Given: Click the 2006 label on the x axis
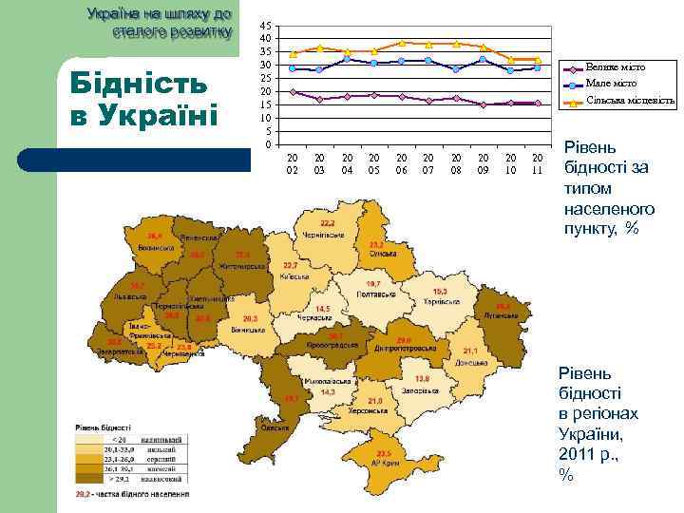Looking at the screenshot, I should (401, 162).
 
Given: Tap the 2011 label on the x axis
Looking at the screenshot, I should (538, 162).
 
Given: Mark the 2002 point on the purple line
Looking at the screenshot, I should (293, 92).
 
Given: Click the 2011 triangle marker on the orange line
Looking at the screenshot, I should (538, 60).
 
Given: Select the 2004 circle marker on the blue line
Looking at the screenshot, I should (348, 59).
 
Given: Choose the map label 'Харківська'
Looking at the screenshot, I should (441, 300).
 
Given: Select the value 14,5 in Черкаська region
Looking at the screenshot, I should (323, 309).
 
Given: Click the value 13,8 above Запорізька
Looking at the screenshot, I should (421, 378).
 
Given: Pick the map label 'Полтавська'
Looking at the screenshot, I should (373, 294).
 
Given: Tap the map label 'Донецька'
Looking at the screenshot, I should (465, 363).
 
